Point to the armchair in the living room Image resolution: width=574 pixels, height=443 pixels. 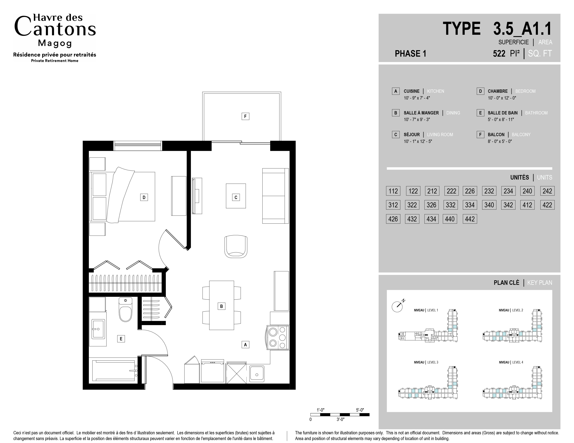[236, 246]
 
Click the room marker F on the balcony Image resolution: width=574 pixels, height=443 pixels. [245, 116]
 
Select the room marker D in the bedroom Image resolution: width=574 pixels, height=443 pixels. [144, 197]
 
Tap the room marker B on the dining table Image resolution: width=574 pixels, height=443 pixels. [222, 306]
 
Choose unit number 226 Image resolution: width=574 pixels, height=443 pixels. [470, 191]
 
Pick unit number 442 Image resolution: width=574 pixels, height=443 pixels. [470, 219]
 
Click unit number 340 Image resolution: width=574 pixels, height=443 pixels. [489, 205]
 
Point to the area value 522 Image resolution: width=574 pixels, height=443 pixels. [499, 53]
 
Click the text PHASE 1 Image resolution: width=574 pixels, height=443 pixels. [411, 53]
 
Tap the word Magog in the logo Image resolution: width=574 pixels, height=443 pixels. [55, 43]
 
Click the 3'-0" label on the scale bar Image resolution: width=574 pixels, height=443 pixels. [340, 419]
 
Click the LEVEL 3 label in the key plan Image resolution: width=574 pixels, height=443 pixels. [433, 362]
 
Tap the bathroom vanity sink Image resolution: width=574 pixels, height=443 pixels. [98, 329]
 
